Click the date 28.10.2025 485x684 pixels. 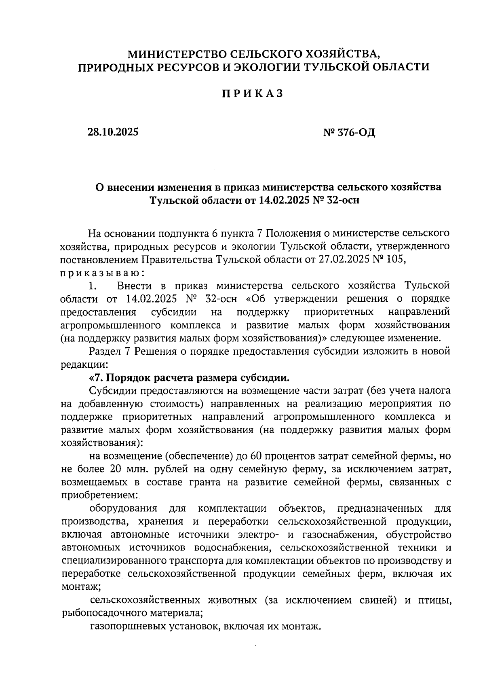tap(113, 132)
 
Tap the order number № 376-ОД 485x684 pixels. tap(349, 132)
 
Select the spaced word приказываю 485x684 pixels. tap(101, 273)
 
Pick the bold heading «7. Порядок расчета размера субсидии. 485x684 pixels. tap(189, 378)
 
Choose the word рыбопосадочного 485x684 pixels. tap(103, 613)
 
